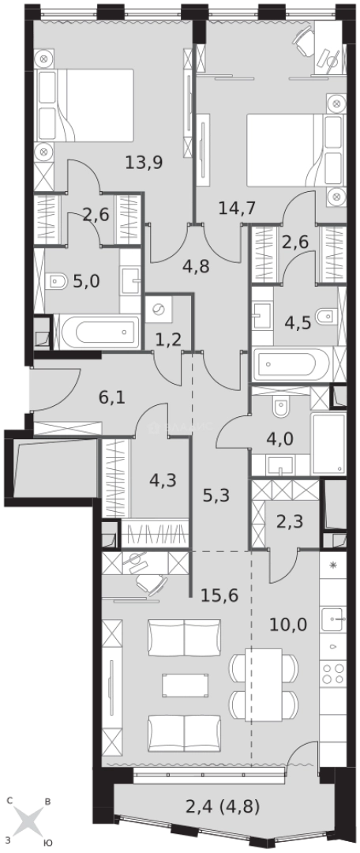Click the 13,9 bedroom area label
[144, 163]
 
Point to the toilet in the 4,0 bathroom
[280, 407]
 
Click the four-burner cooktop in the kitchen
[333, 672]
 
